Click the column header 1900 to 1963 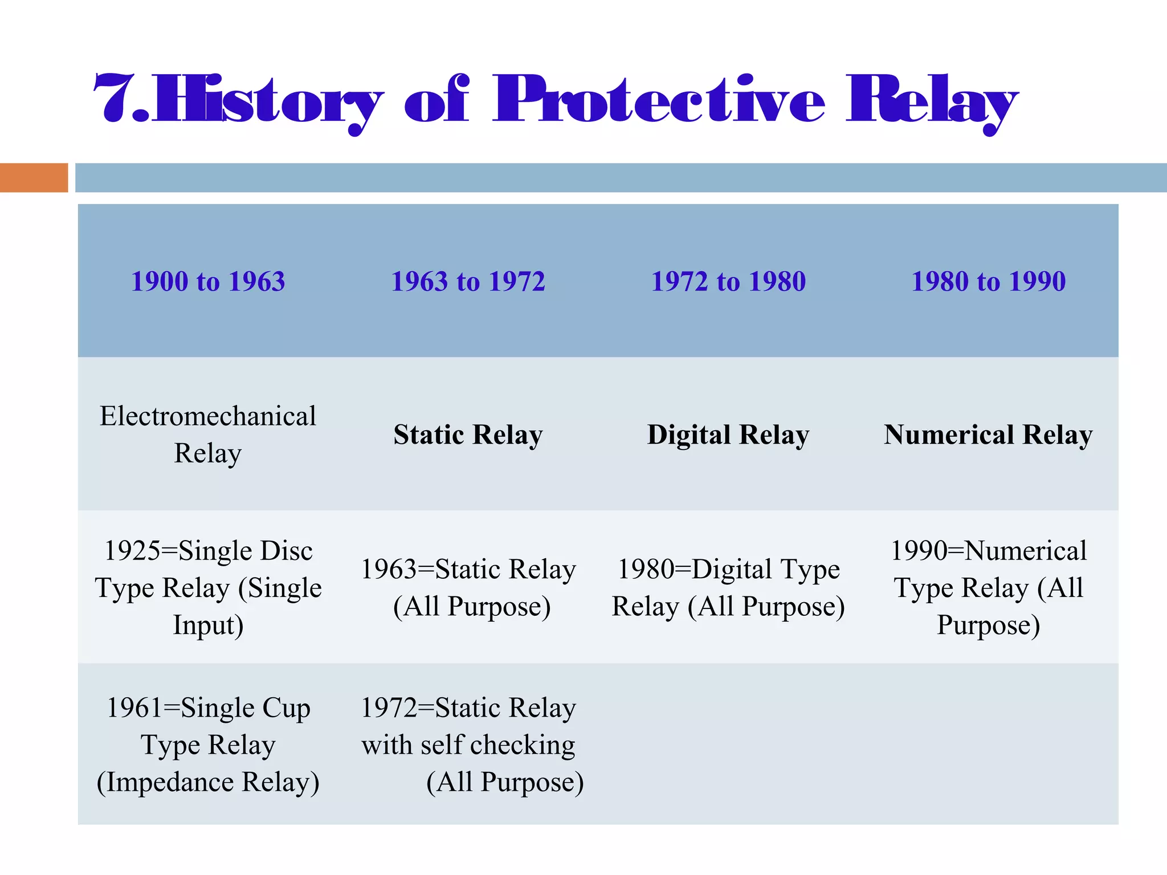click(x=208, y=281)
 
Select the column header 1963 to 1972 click(x=468, y=281)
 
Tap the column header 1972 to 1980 click(x=728, y=281)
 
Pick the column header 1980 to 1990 click(x=988, y=281)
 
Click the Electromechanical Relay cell click(x=208, y=434)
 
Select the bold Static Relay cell click(x=468, y=435)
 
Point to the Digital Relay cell click(x=728, y=435)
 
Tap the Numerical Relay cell click(x=988, y=435)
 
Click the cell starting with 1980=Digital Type click(x=728, y=587)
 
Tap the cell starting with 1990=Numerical click(x=988, y=587)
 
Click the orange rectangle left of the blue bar click(x=34, y=178)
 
